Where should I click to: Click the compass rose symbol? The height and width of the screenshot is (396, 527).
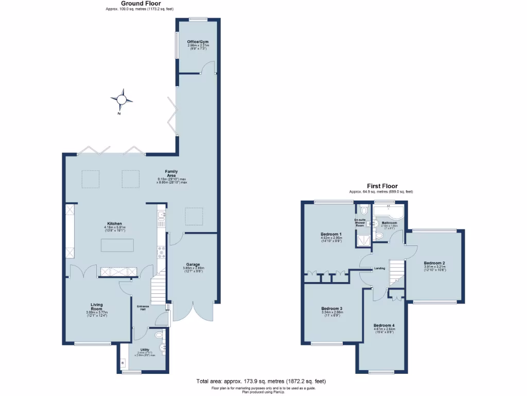122,98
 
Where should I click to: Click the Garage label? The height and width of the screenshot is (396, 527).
193,265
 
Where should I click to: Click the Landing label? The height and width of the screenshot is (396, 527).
380,268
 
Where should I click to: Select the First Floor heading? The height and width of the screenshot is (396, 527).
381,186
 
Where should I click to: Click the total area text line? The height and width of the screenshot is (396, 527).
261,382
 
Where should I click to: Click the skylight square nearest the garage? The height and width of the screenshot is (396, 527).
194,215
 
